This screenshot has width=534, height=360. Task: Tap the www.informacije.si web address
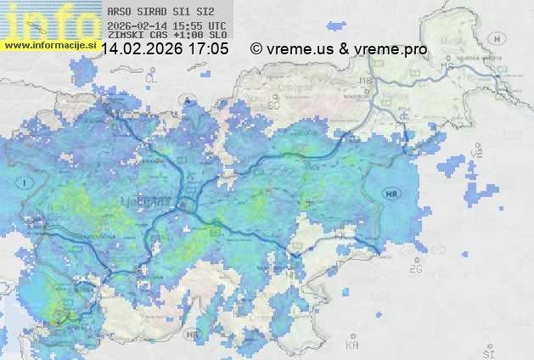click(49, 44)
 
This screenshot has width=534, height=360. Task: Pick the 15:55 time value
click(188, 25)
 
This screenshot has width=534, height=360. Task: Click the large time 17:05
click(208, 50)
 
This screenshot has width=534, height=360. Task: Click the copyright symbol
click(256, 50)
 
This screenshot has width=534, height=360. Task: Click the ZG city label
click(415, 269)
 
